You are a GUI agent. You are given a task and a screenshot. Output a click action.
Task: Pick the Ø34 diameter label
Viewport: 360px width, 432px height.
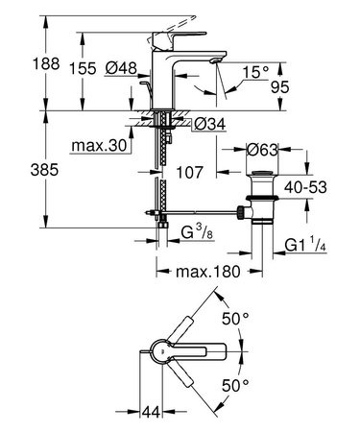(209, 122)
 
